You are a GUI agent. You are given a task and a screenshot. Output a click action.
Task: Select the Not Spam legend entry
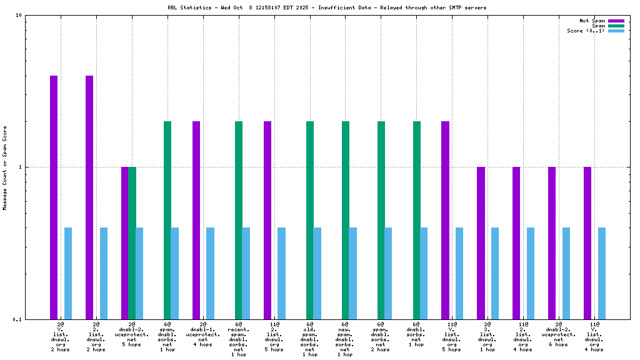[x=592, y=21]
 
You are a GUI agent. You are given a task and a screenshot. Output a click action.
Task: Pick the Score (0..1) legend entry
[x=586, y=31]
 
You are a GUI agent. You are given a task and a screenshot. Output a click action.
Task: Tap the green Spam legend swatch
[x=616, y=26]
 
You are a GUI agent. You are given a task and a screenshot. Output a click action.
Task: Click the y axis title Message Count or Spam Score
[x=5, y=167]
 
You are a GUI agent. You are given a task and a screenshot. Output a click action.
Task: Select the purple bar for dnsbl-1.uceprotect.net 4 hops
[x=196, y=220]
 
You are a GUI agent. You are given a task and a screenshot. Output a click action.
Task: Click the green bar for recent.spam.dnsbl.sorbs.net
[x=239, y=220]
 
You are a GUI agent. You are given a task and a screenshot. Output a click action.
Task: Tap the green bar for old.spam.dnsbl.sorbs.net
[x=310, y=220]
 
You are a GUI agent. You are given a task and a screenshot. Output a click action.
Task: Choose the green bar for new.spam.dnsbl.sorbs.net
[x=346, y=220]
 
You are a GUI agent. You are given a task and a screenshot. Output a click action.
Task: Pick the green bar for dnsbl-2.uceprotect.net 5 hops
[x=132, y=243]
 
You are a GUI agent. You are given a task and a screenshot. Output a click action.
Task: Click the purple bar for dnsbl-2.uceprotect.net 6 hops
[x=552, y=243]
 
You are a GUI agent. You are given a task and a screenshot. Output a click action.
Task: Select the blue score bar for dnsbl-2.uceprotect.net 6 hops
[x=566, y=273]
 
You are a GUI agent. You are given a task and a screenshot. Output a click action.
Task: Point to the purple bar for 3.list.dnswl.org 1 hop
[x=481, y=243]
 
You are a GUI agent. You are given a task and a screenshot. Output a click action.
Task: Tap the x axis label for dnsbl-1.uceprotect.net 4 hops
[x=203, y=334]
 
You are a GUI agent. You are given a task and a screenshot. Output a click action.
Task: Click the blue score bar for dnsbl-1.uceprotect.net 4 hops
[x=211, y=273]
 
